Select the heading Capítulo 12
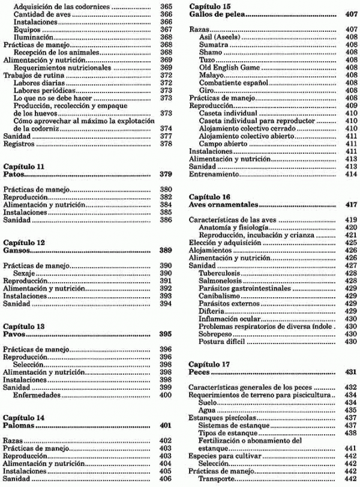pos(24,242)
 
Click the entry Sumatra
pos(213,44)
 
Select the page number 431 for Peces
pos(352,372)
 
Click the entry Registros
pos(17,144)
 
